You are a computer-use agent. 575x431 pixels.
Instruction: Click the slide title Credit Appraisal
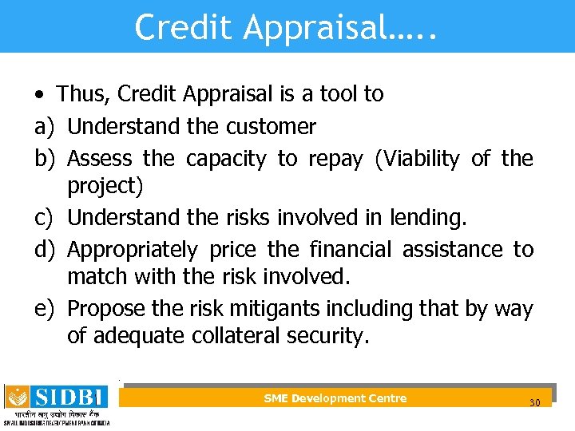point(287,26)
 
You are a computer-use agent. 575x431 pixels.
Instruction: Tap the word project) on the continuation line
point(105,186)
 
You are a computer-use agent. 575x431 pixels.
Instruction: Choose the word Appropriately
point(132,250)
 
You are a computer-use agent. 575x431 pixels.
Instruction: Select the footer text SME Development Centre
point(335,398)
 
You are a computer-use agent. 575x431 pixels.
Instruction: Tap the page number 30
point(534,402)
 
